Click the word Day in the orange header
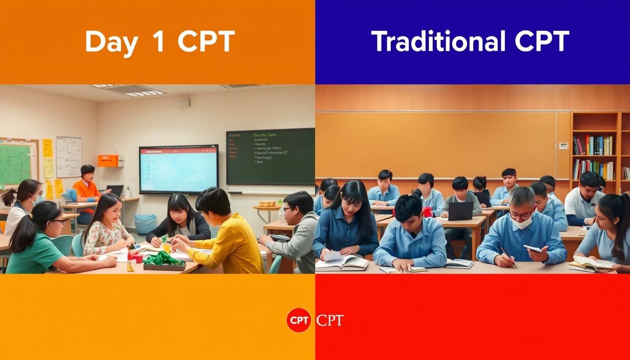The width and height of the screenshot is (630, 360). point(111,42)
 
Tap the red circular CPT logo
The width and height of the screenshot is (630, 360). point(299,320)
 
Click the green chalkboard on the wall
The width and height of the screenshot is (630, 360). point(270,157)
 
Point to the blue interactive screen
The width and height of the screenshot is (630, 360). point(179,169)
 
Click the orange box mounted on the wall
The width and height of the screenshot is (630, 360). point(108,161)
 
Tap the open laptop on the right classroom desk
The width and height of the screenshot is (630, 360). point(460,211)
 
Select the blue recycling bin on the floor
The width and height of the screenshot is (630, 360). point(146,224)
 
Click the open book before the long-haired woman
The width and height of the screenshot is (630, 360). point(341,262)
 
